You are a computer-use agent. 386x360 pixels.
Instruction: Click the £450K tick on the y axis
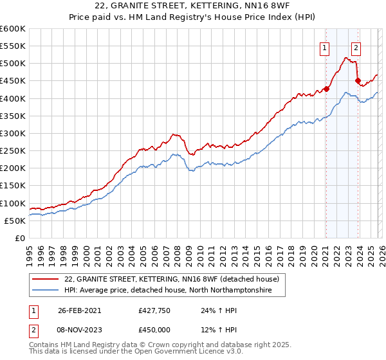point(12,81)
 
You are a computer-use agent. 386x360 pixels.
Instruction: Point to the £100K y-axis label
point(12,203)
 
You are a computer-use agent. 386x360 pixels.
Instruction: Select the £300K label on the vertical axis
point(12,134)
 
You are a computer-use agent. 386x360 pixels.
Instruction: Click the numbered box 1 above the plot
point(325,47)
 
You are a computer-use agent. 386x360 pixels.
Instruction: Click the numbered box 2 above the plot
point(356,47)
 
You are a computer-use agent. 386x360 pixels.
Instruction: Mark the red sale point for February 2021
point(326,89)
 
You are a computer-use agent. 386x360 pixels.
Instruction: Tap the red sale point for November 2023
point(358,80)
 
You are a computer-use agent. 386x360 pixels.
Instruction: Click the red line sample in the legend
point(45,280)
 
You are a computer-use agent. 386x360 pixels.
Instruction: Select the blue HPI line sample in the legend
point(45,291)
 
